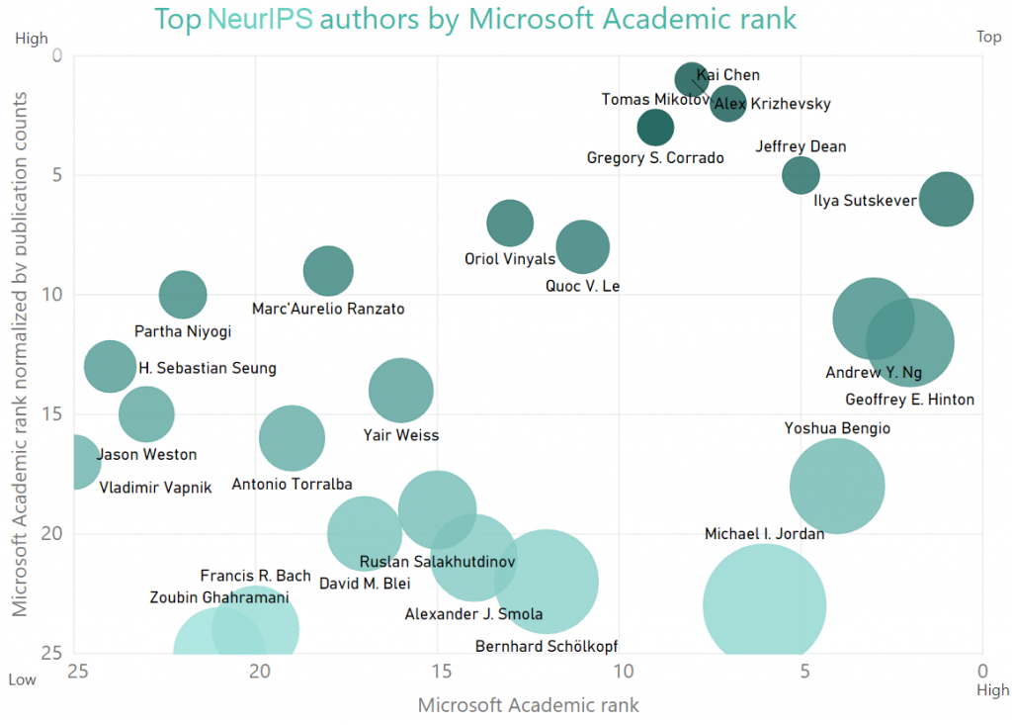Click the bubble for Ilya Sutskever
[946, 199]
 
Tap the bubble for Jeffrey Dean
[801, 175]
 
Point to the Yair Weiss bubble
[400, 390]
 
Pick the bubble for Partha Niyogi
[183, 294]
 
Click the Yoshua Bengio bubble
[836, 486]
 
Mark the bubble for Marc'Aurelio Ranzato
[328, 270]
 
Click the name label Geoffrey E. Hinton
[909, 400]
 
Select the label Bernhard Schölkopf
[547, 647]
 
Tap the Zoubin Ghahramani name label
[219, 597]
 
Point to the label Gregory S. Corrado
[655, 158]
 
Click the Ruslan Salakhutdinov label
[437, 562]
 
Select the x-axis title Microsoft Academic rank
[528, 705]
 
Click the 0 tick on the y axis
[56, 55]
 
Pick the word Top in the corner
[988, 37]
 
